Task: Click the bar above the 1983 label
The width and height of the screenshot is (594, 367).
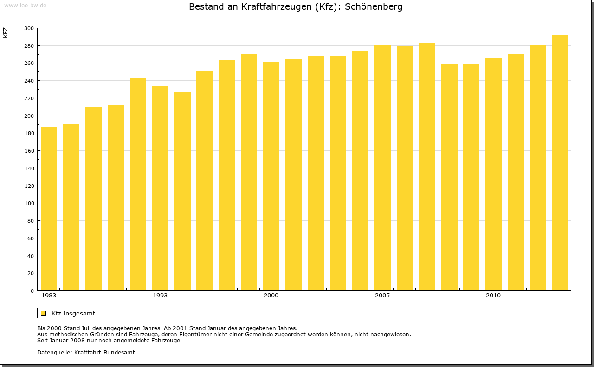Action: pyautogui.click(x=49, y=209)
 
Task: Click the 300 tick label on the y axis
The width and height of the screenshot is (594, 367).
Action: pyautogui.click(x=29, y=28)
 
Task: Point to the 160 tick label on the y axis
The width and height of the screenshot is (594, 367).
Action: pyautogui.click(x=29, y=151)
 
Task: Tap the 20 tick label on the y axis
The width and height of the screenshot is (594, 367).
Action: pyautogui.click(x=30, y=273)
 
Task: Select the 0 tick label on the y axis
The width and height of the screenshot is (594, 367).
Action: pyautogui.click(x=32, y=291)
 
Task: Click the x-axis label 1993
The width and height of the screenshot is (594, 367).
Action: pyautogui.click(x=160, y=296)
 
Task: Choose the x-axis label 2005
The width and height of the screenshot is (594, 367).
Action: pyautogui.click(x=382, y=296)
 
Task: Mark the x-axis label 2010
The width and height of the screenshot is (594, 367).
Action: pyautogui.click(x=493, y=296)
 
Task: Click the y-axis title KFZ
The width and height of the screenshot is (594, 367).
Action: pyautogui.click(x=6, y=32)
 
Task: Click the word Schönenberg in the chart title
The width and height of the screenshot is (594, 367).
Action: pyautogui.click(x=374, y=7)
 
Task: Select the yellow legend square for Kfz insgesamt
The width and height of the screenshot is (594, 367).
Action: pyautogui.click(x=43, y=313)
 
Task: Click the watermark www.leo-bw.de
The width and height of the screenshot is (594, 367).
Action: pyautogui.click(x=25, y=5)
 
